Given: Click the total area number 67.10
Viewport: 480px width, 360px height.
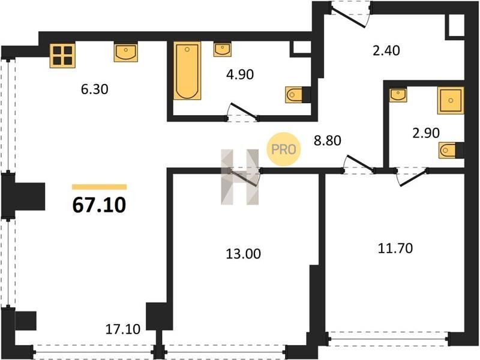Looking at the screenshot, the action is click(99, 205).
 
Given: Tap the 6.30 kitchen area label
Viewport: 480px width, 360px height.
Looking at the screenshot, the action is click(95, 89).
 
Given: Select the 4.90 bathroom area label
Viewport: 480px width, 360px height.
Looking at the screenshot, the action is click(240, 74).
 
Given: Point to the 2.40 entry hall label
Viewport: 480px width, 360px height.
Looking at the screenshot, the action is click(386, 50).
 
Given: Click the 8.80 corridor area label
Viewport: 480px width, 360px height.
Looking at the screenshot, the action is click(328, 140).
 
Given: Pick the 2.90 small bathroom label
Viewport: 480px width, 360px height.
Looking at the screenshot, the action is click(426, 133).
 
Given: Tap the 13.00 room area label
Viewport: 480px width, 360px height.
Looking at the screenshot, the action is click(244, 254).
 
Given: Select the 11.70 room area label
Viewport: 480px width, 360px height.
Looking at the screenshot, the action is click(395, 248).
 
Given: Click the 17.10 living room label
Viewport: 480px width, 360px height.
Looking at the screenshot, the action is click(123, 329).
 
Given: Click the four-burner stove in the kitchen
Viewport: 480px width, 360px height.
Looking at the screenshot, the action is click(62, 55).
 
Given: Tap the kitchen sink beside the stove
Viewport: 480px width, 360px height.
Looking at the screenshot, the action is click(126, 52).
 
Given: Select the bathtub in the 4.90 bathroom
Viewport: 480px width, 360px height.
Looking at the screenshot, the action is click(187, 71).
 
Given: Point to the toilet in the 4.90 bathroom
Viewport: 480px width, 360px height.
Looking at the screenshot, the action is click(298, 95).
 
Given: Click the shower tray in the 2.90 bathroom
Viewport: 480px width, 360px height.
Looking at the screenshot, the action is click(451, 100).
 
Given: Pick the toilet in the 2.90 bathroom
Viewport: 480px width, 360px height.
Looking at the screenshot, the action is click(451, 151).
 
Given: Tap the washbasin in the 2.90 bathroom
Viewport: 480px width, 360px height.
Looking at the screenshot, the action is click(398, 95).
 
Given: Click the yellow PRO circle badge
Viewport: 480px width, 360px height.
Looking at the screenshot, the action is click(284, 149).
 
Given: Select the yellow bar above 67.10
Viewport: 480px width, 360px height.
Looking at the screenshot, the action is click(100, 187).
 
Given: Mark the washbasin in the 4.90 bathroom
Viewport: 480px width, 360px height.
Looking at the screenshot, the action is click(222, 50).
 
